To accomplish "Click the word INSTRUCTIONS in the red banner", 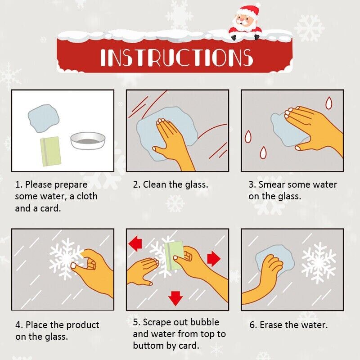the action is click(177, 58).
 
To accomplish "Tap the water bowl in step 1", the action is click(88, 141).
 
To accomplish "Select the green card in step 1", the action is click(50, 152).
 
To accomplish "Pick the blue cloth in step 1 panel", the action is click(43, 118).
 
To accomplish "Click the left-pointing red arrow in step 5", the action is click(135, 244).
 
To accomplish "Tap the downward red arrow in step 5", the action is click(175, 298).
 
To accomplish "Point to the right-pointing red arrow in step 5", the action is click(213, 259).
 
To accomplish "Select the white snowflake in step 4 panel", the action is click(65, 259).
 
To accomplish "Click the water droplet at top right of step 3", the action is click(329, 103).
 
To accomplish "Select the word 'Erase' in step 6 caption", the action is click(271, 325).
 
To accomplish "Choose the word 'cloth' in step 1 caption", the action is click(87, 196).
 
